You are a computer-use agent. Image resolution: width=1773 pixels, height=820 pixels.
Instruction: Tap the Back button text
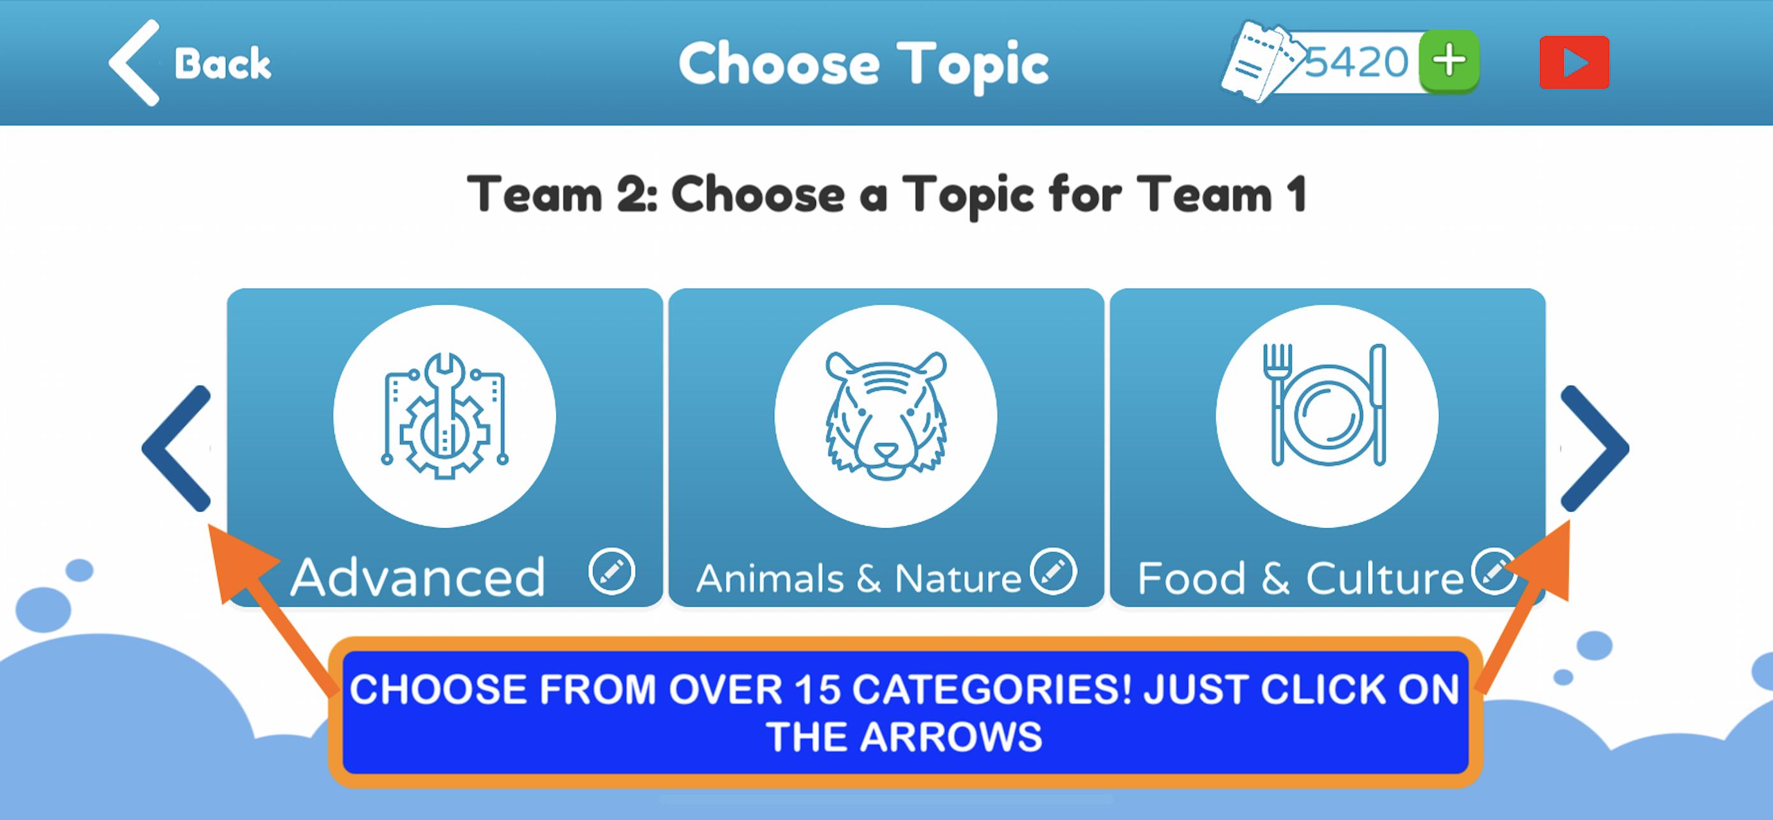[222, 64]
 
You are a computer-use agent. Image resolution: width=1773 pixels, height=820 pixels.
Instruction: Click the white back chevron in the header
[133, 63]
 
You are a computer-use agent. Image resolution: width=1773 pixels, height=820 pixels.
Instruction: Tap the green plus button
[1450, 61]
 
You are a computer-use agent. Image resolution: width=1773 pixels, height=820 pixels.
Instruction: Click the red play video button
[1575, 63]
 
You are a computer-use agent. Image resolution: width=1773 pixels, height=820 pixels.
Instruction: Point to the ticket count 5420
[1357, 62]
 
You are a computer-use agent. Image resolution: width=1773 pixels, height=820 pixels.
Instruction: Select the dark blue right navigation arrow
[1595, 448]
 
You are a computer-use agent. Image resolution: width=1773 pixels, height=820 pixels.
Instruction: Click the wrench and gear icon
[445, 416]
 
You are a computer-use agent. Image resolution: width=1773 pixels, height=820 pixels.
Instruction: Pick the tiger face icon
[886, 416]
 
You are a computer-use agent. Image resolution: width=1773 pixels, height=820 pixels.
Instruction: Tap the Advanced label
[418, 577]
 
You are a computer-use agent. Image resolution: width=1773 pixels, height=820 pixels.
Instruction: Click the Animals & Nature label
[858, 579]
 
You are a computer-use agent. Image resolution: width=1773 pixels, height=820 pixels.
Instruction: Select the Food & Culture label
[1300, 579]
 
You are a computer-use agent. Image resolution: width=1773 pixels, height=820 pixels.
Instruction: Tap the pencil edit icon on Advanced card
[611, 571]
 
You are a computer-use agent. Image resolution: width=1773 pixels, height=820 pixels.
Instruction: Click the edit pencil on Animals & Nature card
[1053, 571]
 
